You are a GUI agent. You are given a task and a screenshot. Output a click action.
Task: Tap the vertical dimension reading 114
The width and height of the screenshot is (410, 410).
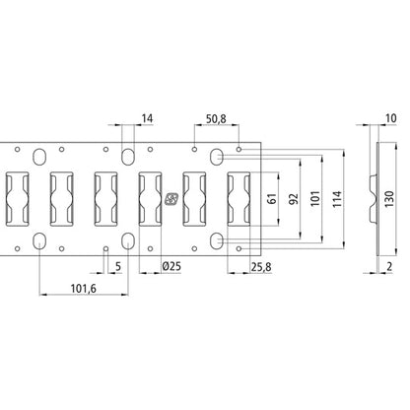tap(339, 198)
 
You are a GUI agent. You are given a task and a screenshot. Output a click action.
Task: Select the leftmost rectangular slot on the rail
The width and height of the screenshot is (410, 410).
tap(17, 198)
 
